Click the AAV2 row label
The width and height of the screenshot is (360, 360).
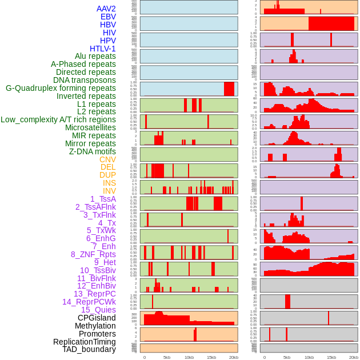106,9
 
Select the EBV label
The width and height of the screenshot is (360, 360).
108,17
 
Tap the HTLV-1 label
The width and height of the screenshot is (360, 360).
102,49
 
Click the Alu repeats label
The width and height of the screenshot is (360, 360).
95,56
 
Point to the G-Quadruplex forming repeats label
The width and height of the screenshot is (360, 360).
61,88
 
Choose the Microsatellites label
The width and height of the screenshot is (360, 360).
90,127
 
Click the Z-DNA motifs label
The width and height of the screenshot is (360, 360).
92,151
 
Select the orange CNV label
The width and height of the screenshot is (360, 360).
107,159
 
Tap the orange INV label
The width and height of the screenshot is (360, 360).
109,191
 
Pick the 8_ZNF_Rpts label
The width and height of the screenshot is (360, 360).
93,254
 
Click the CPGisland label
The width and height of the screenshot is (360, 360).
97,318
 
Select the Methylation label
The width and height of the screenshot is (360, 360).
95,326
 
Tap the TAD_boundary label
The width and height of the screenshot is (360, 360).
89,349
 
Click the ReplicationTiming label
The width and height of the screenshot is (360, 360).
84,342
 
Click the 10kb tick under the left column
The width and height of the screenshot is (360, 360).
189,357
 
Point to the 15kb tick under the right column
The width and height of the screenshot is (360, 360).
331,357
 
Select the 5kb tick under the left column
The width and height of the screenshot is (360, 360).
166,357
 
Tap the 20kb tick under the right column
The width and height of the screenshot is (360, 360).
353,357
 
